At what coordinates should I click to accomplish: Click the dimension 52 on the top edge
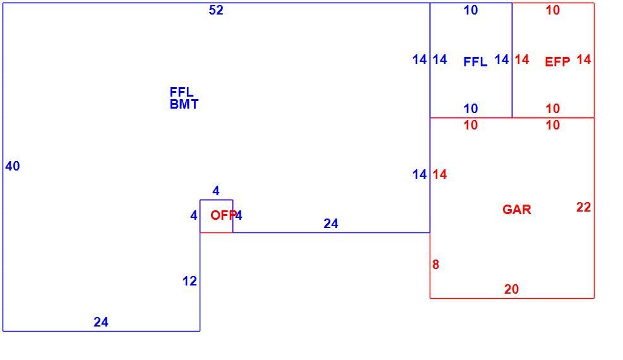pyautogui.click(x=216, y=10)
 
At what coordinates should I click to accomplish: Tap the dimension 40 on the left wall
pyautogui.click(x=12, y=166)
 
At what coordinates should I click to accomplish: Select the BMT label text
pyautogui.click(x=184, y=104)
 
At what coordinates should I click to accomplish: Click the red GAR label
pyautogui.click(x=516, y=210)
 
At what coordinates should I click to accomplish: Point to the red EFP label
pyautogui.click(x=557, y=62)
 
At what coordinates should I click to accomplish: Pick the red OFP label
pyautogui.click(x=223, y=215)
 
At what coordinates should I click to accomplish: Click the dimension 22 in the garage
pyautogui.click(x=584, y=207)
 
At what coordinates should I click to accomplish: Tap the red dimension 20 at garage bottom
pyautogui.click(x=511, y=289)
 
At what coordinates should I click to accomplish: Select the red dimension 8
pyautogui.click(x=436, y=265)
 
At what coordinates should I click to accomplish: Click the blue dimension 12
pyautogui.click(x=190, y=281)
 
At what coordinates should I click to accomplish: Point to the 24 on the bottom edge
pyautogui.click(x=101, y=322)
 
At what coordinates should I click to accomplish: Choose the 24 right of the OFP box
pyautogui.click(x=331, y=224)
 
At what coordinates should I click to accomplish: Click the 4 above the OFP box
pyautogui.click(x=215, y=191)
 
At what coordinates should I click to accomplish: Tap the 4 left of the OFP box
pyautogui.click(x=193, y=215)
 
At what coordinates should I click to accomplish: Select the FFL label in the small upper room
pyautogui.click(x=475, y=62)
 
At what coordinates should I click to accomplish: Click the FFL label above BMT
pyautogui.click(x=181, y=92)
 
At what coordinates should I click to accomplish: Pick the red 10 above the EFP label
pyautogui.click(x=553, y=10)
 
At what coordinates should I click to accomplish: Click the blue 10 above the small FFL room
pyautogui.click(x=471, y=10)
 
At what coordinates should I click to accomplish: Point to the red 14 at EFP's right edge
pyautogui.click(x=584, y=59)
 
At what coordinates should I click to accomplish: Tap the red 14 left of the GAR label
pyautogui.click(x=440, y=174)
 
